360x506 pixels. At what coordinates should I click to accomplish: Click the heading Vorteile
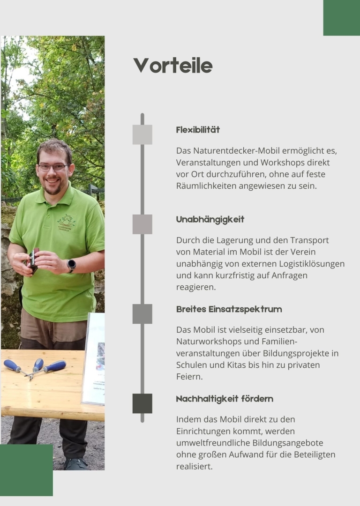172,66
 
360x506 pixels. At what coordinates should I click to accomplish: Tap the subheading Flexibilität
198,130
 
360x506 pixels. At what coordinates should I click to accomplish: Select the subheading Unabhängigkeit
210,219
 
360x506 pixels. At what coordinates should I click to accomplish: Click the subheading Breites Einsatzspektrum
229,309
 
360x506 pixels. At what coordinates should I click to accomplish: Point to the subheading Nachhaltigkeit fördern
225,399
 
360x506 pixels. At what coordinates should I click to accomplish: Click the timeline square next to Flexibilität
142,134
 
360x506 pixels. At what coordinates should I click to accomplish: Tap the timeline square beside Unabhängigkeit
142,224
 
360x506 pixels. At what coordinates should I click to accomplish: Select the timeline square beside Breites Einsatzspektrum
142,314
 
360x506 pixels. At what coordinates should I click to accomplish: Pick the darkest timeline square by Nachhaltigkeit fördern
142,403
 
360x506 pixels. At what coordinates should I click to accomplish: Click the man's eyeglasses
52,167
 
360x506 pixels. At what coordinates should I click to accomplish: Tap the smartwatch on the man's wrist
71,265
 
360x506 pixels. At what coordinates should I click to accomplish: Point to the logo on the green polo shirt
66,222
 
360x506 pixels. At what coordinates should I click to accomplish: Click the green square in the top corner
341,17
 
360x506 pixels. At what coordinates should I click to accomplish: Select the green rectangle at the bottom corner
26,470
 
